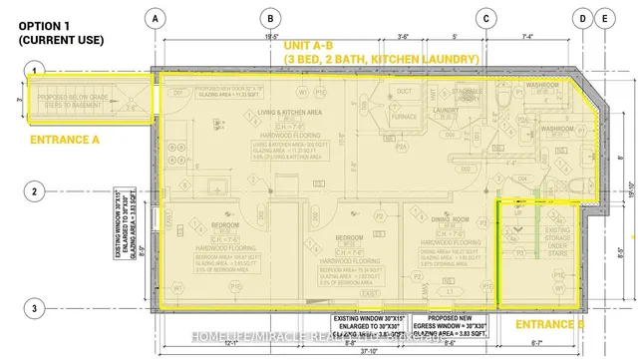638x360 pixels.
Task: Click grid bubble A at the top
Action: pos(154,18)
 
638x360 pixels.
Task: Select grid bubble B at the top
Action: pos(268,18)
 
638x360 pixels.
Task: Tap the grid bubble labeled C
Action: pos(485,18)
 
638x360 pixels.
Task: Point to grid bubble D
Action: pos(582,18)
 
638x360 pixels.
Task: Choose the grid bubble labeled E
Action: pos(604,18)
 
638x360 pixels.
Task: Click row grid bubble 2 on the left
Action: pos(34,191)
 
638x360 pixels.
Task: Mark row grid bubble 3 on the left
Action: pos(34,308)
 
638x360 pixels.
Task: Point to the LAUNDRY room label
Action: pos(445,111)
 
